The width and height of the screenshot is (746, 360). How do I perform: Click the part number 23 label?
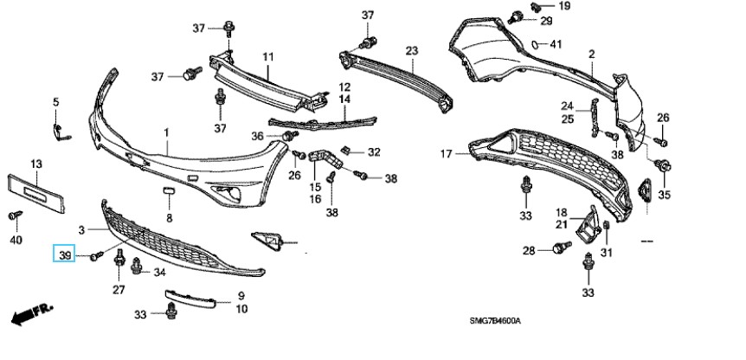(411, 50)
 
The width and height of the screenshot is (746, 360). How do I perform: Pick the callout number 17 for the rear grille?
(446, 154)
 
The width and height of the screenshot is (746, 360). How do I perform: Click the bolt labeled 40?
(14, 215)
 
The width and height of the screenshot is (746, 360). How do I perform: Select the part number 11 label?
(268, 57)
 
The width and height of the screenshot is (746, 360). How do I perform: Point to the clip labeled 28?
(557, 251)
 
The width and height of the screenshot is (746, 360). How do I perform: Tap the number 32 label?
(374, 152)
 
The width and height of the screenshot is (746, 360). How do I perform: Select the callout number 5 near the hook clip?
(56, 102)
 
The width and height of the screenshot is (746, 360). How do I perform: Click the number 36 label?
(257, 135)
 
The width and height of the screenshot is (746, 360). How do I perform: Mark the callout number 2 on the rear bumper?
(592, 54)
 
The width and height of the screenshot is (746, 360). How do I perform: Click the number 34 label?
(159, 273)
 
